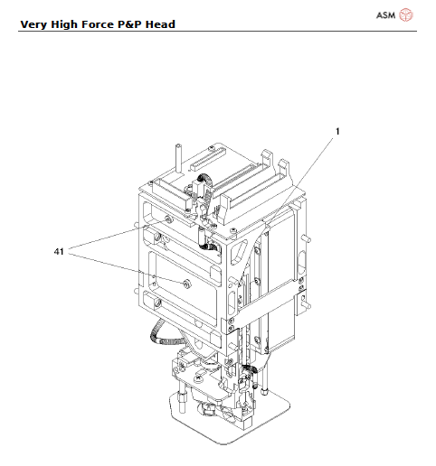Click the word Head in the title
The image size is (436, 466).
[x=160, y=24]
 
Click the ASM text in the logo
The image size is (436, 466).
[x=385, y=15]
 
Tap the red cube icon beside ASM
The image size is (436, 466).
[x=406, y=15]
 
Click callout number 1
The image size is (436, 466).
[x=337, y=131]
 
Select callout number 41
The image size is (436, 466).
[x=59, y=251]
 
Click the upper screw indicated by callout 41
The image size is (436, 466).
[x=168, y=219]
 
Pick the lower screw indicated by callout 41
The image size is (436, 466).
[x=187, y=283]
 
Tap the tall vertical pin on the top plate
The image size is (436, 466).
[x=178, y=158]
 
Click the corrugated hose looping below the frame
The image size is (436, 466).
[x=166, y=336]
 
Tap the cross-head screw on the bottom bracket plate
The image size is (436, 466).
[x=199, y=377]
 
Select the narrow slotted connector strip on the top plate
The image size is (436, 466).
[x=207, y=159]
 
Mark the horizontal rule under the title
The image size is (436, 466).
[x=217, y=31]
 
